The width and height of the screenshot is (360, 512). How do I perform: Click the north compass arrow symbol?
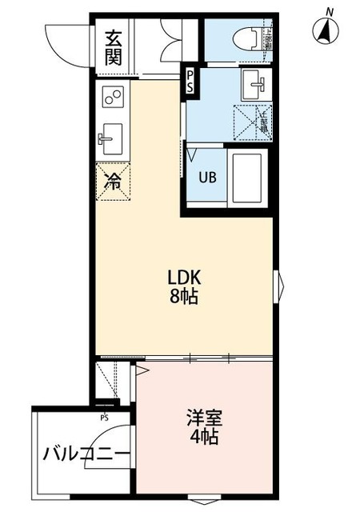[327, 31]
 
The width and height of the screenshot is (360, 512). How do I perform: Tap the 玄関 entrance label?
[113, 49]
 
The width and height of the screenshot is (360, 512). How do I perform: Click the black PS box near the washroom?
[190, 81]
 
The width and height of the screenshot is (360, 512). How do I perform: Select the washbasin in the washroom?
[255, 81]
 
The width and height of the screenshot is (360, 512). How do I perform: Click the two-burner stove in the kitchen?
[113, 98]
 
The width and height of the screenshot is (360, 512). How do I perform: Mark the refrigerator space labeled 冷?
[113, 181]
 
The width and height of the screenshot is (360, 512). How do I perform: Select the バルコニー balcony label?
[86, 455]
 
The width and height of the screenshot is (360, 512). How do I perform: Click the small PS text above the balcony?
[104, 418]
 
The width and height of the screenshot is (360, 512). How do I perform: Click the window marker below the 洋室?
[206, 502]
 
